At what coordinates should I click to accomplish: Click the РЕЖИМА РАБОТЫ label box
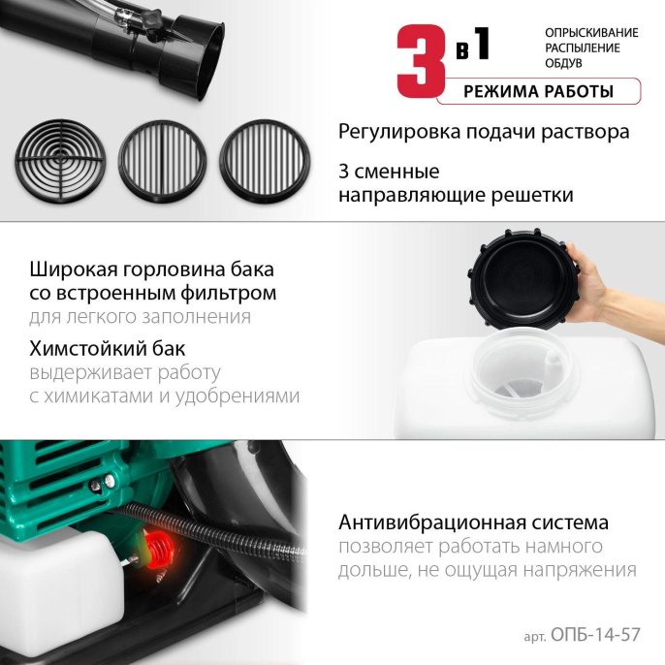tap(538, 92)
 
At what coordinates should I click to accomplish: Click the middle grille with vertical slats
tap(160, 160)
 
